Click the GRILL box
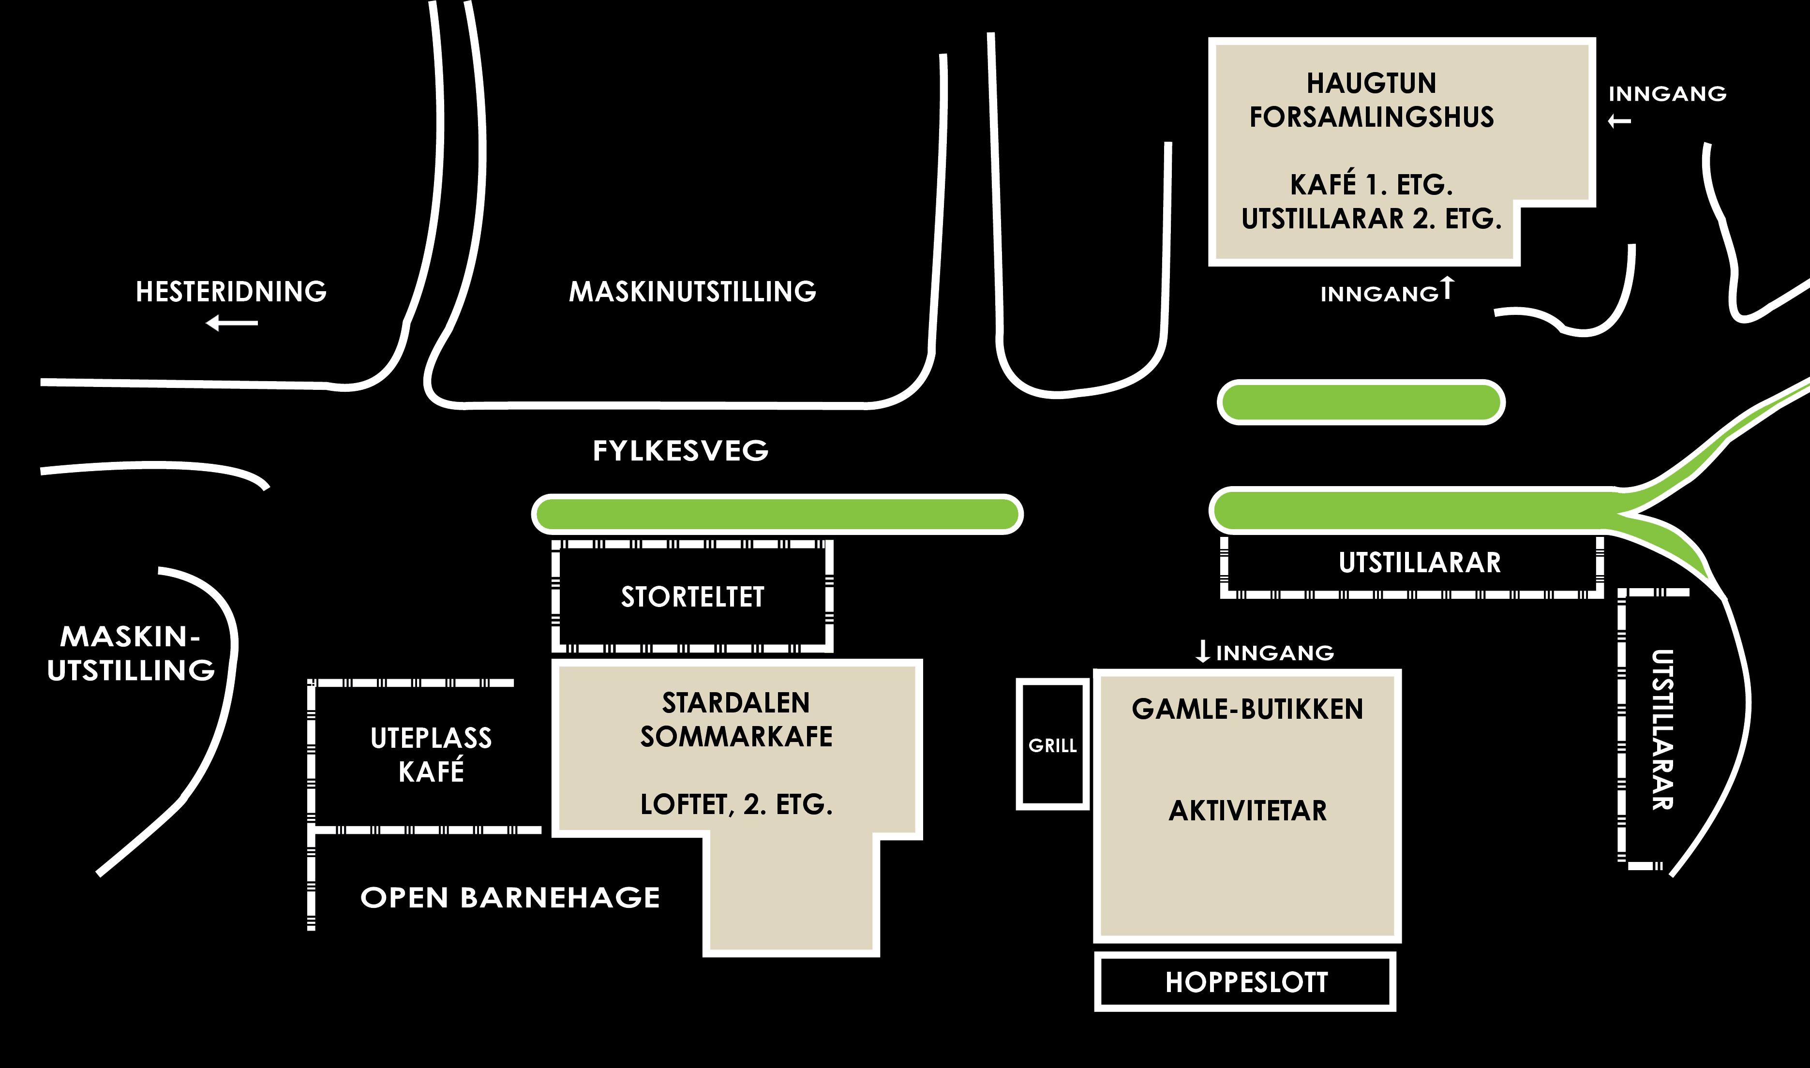(x=1052, y=745)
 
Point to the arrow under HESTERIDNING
(x=232, y=323)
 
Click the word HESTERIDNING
(x=231, y=292)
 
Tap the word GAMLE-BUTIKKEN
(x=1247, y=710)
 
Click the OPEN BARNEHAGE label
(x=509, y=897)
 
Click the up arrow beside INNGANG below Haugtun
(x=1447, y=288)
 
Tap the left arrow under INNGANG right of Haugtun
(x=1619, y=121)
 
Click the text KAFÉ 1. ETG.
(x=1371, y=185)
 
